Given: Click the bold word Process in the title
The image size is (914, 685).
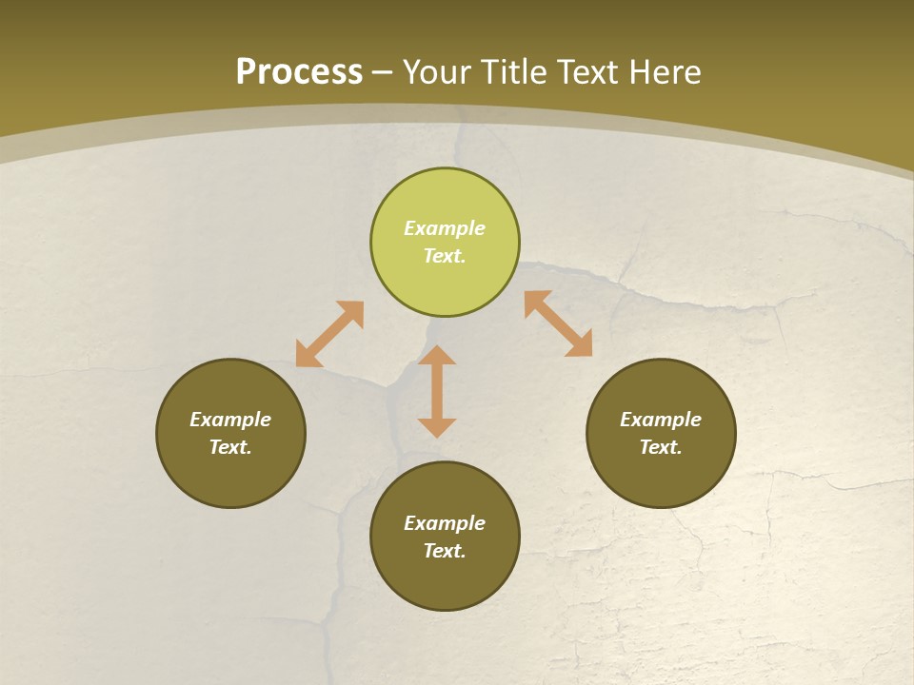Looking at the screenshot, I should coord(299,72).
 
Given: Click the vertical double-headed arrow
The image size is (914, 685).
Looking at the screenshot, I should coord(437,391).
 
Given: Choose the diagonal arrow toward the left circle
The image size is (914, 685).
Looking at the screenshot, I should coord(329,334).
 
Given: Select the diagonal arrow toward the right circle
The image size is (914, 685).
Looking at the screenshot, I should coord(558,323).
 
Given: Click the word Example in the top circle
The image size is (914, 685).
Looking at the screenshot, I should coord(445,228).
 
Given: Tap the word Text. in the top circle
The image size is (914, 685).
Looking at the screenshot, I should coord(445,256).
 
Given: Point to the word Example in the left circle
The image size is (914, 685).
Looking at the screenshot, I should coord(230,420).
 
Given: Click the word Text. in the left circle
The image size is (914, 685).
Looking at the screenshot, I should coord(230,447).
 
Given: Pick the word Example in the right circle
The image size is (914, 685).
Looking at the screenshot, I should coord(661,420).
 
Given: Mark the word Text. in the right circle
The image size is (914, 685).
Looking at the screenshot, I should coord(661,447).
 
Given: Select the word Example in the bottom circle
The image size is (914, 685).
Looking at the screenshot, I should coord(445,523).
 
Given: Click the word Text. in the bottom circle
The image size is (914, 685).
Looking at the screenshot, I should coord(445,551).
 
